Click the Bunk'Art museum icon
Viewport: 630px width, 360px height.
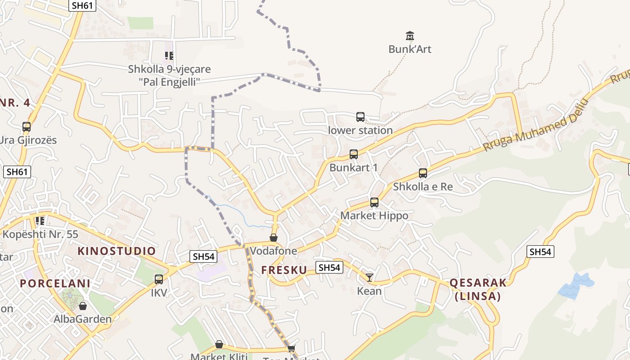(409, 36)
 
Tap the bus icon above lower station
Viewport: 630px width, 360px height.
(360, 117)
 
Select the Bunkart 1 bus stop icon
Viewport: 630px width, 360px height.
(354, 154)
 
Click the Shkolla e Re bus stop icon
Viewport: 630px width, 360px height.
(423, 173)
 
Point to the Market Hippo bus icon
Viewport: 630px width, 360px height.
(374, 202)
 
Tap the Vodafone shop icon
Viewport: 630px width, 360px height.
(274, 237)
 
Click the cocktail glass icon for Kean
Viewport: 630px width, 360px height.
(369, 277)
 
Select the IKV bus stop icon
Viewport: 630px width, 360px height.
(158, 279)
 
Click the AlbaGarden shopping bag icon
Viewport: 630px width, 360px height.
(83, 306)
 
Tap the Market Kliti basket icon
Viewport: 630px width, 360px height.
(219, 344)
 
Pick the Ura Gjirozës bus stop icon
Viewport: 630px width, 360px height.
(27, 127)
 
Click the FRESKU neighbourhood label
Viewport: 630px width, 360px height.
(284, 270)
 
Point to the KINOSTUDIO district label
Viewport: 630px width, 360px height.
(117, 251)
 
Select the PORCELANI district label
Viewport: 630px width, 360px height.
(55, 283)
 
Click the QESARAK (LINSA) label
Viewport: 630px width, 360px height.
(478, 289)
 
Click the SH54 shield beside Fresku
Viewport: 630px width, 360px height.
(329, 267)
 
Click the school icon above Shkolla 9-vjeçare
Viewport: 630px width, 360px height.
(169, 56)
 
